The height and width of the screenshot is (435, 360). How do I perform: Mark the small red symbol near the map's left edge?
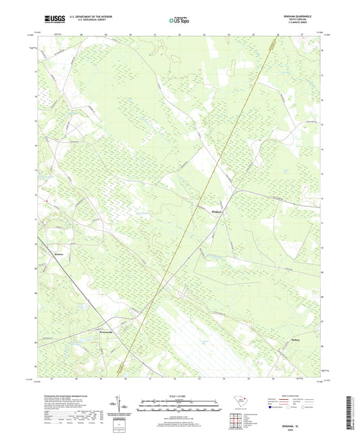pyautogui.click(x=45, y=201)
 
